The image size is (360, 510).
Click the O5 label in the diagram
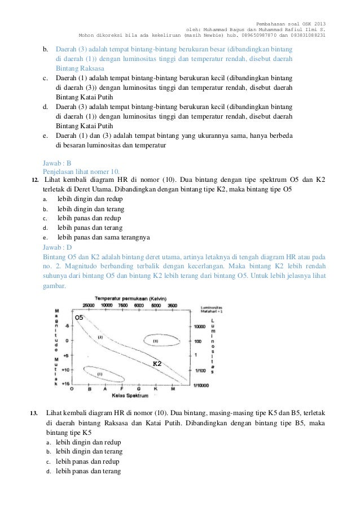(x=80, y=318)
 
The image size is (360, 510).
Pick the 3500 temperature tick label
(x=173, y=305)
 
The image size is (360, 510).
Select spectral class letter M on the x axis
(x=172, y=389)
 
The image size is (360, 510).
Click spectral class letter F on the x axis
(x=122, y=389)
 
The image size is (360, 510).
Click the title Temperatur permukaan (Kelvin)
(x=130, y=298)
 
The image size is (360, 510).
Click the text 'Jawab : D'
(x=58, y=247)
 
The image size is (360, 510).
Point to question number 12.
(x=35, y=180)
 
